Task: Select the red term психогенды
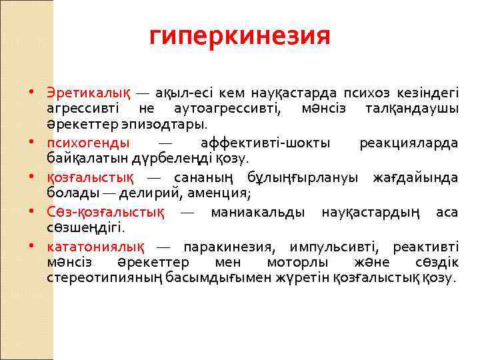[89, 143]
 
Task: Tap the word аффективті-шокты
[262, 143]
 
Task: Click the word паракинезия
[227, 247]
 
